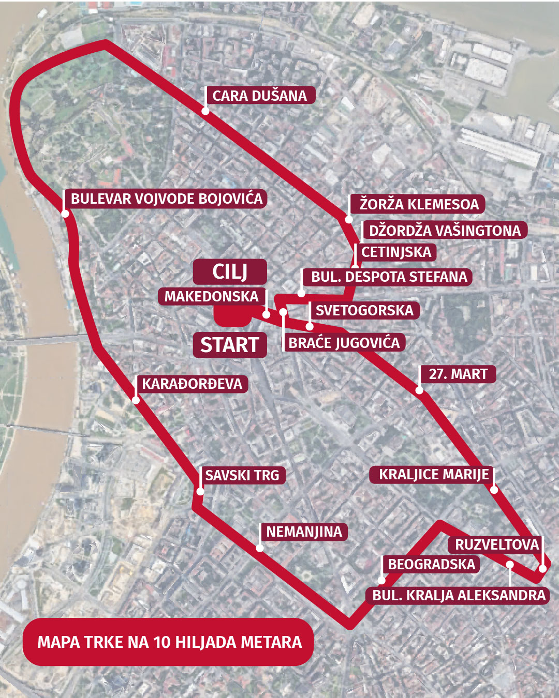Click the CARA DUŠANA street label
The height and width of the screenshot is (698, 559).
260,96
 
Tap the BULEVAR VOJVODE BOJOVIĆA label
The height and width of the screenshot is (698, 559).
167,199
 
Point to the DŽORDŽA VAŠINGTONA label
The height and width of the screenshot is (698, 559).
445,230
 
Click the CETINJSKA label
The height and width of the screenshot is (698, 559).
396,252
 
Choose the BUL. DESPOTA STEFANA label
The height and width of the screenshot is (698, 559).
389,277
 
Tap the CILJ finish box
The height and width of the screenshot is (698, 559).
230,271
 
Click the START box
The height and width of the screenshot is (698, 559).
230,345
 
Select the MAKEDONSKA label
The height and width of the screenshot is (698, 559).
211,296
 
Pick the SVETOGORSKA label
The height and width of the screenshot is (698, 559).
364,310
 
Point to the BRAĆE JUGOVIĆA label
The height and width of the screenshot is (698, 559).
344,343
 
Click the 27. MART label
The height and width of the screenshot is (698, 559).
458,374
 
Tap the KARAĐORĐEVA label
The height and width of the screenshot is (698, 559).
192,384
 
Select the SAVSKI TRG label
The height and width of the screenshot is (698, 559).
242,475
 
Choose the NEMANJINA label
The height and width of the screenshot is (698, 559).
304,532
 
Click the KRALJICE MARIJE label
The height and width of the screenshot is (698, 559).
433,475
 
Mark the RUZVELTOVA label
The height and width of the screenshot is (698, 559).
497,544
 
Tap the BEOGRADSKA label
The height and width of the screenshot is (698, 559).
431,564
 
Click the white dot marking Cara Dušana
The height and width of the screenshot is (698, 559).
205,111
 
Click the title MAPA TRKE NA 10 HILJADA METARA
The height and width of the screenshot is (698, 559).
169,642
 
